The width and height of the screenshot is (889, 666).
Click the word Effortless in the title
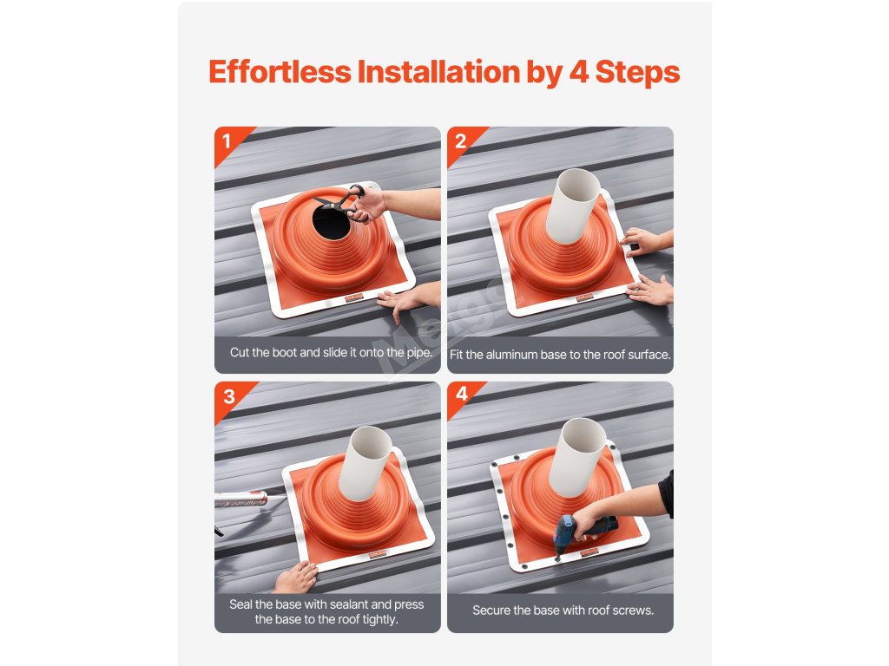point(280,72)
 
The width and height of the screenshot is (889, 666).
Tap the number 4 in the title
point(578,73)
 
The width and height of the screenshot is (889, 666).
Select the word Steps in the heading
point(637,73)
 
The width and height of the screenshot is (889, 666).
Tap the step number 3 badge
point(229,395)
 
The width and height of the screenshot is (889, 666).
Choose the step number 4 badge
point(462,395)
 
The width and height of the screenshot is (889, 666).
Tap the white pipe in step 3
point(365,463)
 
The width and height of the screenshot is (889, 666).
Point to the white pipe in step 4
point(577,457)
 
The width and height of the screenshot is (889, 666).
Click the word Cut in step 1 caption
point(240,352)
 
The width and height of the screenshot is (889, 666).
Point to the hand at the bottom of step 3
point(295,578)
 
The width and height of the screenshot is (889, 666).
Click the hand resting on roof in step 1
point(408,298)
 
